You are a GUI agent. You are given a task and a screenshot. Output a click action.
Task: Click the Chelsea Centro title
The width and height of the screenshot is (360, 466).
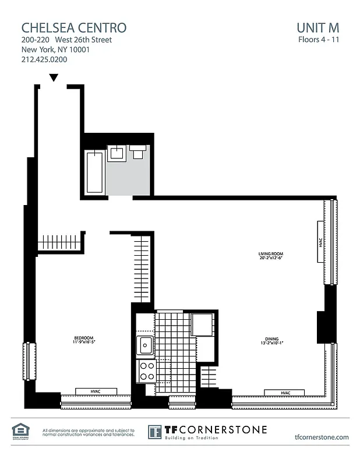tap(73, 27)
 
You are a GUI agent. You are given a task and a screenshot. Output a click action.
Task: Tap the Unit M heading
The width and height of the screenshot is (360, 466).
tap(317, 27)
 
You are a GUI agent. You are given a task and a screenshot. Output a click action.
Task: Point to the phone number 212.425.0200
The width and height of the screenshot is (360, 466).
tap(44, 59)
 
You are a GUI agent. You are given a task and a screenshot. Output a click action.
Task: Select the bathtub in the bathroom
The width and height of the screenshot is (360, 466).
tap(94, 172)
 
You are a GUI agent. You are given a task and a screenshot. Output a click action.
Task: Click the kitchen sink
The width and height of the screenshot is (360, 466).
tap(145, 345)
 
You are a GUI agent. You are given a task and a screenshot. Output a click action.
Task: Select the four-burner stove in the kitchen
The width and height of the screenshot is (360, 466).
tap(147, 370)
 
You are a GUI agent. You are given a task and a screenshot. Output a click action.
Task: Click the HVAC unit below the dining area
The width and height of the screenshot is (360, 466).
tap(285, 393)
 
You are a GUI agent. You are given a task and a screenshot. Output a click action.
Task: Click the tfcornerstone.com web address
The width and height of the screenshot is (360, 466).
tap(322, 436)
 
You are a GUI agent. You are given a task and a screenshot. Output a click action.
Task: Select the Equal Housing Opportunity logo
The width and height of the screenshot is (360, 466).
tap(20, 431)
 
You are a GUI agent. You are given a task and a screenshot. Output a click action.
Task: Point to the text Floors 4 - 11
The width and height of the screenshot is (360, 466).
tap(317, 40)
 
